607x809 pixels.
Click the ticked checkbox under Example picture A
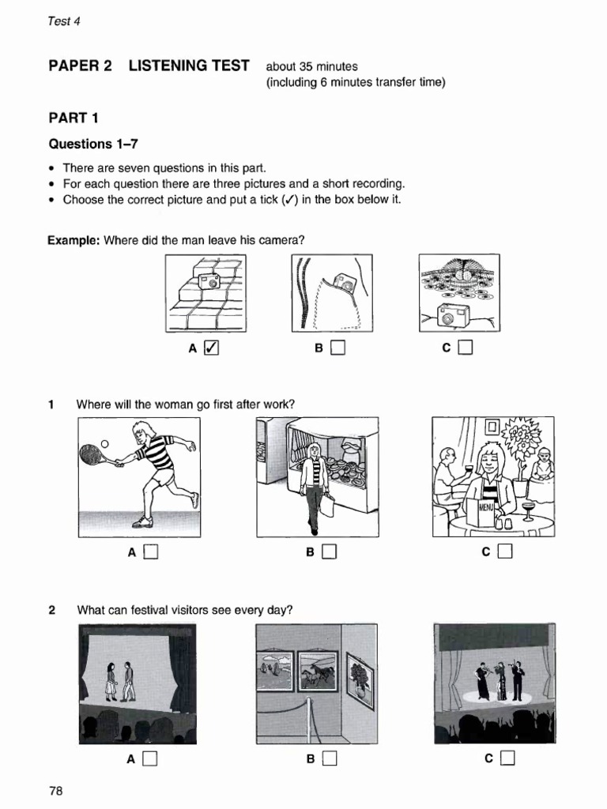click(x=211, y=347)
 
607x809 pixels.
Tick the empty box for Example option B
click(x=337, y=347)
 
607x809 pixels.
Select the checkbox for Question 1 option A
click(x=150, y=552)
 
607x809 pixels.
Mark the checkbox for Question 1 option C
click(x=505, y=552)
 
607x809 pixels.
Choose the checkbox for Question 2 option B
click(x=329, y=759)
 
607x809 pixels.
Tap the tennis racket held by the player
click(x=92, y=455)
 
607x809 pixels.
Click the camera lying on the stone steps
click(x=209, y=282)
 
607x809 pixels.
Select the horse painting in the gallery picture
click(x=317, y=672)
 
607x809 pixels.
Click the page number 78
click(x=55, y=791)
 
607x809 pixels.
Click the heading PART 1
click(x=74, y=119)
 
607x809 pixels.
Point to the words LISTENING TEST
click(x=189, y=66)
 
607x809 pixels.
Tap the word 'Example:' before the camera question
click(x=74, y=240)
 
